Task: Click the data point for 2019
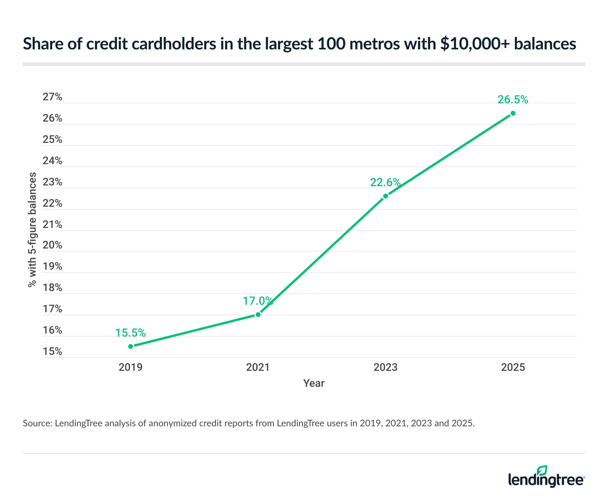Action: tap(131, 346)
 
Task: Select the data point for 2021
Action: tap(258, 314)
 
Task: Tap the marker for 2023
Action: tap(385, 196)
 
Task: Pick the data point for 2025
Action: tap(513, 113)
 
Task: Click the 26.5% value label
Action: tap(513, 100)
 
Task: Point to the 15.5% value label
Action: tap(130, 333)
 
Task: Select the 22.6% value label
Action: tap(385, 182)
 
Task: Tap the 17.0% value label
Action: tap(258, 301)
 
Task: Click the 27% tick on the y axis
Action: tap(52, 97)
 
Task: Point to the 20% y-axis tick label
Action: tap(52, 245)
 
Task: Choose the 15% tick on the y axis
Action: tap(52, 351)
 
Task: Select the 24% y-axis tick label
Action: tap(52, 161)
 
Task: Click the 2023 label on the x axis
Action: tap(385, 367)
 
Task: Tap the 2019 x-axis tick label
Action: tap(130, 367)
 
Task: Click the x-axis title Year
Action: tap(313, 383)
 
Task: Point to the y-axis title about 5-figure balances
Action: tap(32, 229)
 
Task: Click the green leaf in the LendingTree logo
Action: tap(542, 470)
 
